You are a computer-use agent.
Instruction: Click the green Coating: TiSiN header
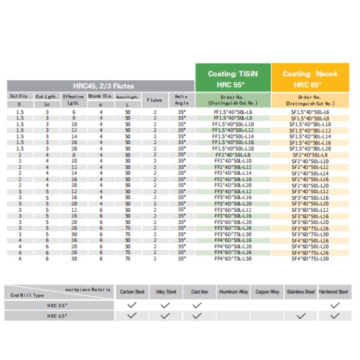(x=233, y=77)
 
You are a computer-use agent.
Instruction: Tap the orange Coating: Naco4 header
(x=310, y=77)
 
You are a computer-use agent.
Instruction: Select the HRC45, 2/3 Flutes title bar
(x=100, y=86)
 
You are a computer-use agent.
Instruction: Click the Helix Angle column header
(x=182, y=100)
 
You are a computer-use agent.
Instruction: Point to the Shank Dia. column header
(x=100, y=96)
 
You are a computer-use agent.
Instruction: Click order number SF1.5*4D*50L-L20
(x=310, y=148)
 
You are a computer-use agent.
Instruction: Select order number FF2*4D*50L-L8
(x=233, y=154)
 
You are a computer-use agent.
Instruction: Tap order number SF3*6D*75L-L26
(x=310, y=229)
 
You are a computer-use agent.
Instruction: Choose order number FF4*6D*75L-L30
(x=233, y=259)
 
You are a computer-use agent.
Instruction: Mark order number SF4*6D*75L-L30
(x=310, y=259)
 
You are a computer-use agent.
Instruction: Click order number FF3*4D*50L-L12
(x=233, y=191)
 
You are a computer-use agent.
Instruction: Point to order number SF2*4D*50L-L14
(x=310, y=173)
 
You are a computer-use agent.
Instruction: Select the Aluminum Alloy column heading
(x=234, y=292)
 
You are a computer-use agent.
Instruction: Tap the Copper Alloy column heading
(x=267, y=292)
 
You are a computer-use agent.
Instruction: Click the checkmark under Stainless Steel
(x=301, y=316)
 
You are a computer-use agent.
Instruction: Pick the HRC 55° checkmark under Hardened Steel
(x=334, y=305)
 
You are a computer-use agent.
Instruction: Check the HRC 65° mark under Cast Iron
(x=200, y=316)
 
